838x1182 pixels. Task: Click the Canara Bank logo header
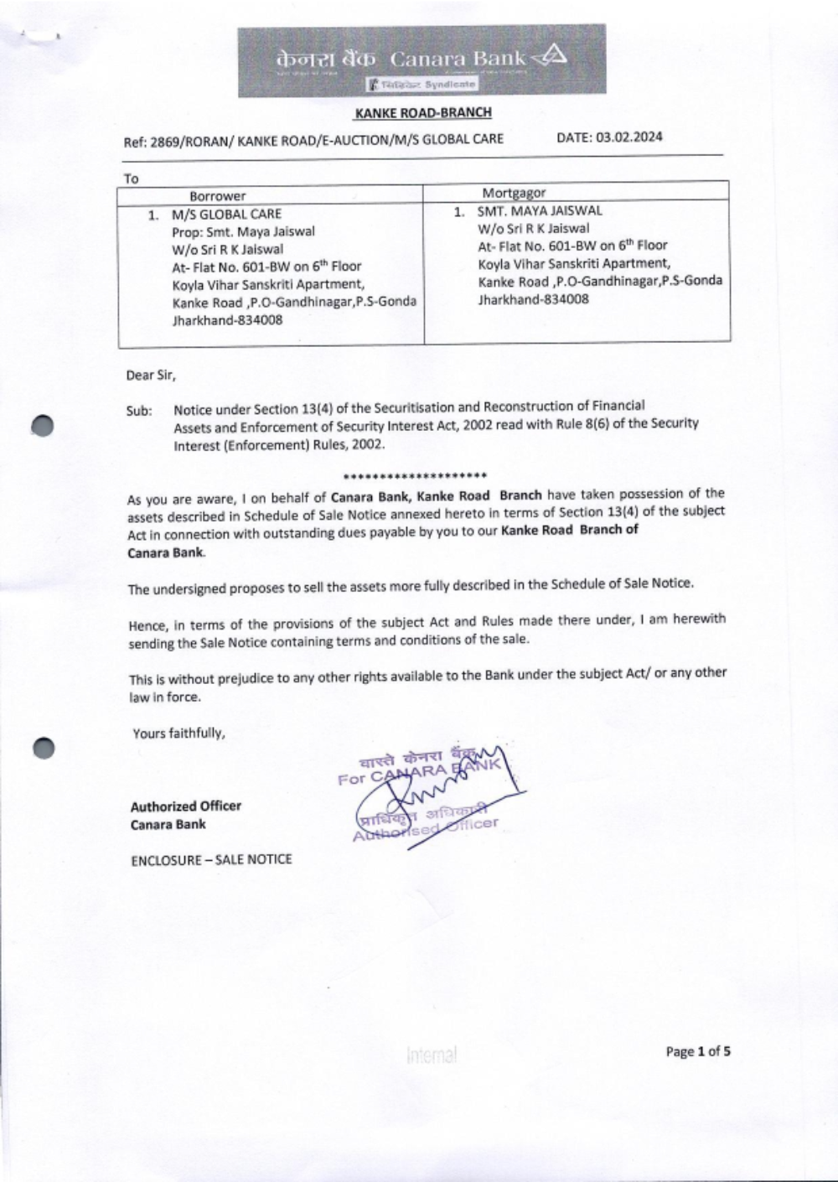tap(422, 60)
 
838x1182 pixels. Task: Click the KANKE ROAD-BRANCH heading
tap(423, 112)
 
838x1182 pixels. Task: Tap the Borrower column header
tap(217, 196)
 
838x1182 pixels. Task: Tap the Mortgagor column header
tap(514, 193)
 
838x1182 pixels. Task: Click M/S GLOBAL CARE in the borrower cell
tap(226, 214)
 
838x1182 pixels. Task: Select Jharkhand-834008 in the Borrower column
tap(227, 319)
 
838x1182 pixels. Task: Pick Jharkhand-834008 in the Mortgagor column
tap(533, 299)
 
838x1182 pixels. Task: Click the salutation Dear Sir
tap(151, 375)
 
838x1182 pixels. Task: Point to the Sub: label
tap(139, 411)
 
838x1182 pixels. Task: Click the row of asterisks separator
tap(415, 475)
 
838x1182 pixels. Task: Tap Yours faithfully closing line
tap(179, 734)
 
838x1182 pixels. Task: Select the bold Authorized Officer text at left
tap(185, 806)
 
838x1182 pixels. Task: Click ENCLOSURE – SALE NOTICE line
tap(211, 859)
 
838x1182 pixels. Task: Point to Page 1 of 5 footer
tap(698, 1051)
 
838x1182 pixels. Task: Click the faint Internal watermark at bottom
tap(432, 1055)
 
